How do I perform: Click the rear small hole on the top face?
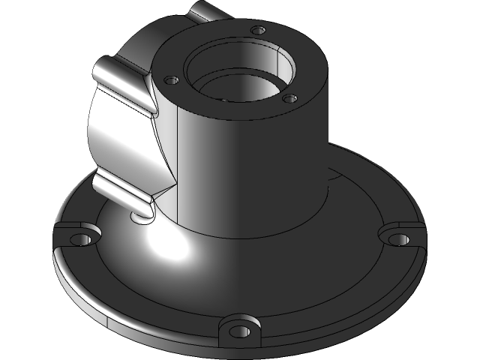point(258,30)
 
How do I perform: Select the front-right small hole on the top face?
point(289,97)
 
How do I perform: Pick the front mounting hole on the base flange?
point(239,331)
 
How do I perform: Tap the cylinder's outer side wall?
point(255,172)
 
